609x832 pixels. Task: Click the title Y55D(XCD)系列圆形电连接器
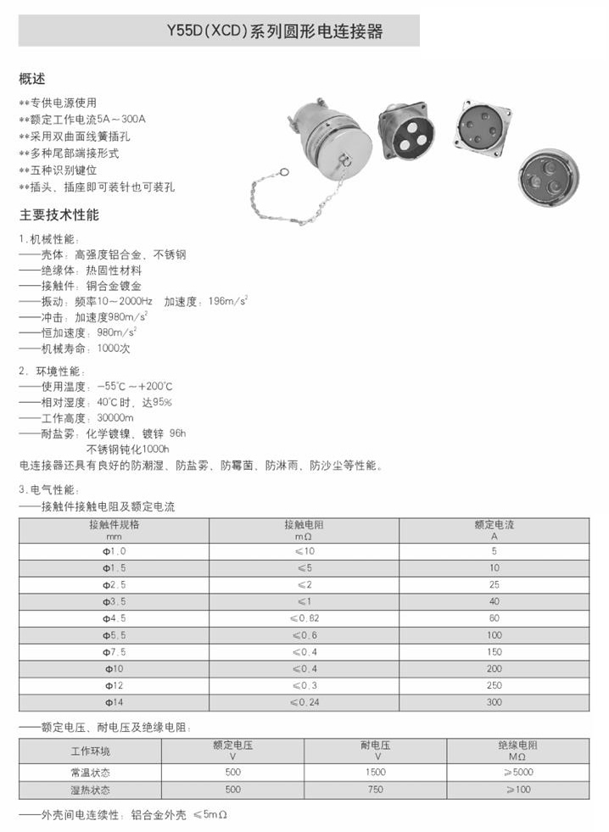276,32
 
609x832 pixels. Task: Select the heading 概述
31,80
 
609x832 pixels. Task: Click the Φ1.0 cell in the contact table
114,550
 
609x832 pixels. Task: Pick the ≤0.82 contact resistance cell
304,618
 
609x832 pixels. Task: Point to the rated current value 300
494,702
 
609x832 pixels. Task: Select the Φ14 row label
114,702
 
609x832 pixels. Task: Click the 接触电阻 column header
304,529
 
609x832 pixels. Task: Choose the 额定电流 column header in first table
494,529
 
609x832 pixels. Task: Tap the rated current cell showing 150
494,651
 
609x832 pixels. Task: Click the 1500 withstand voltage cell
374,772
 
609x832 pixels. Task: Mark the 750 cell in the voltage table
374,790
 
